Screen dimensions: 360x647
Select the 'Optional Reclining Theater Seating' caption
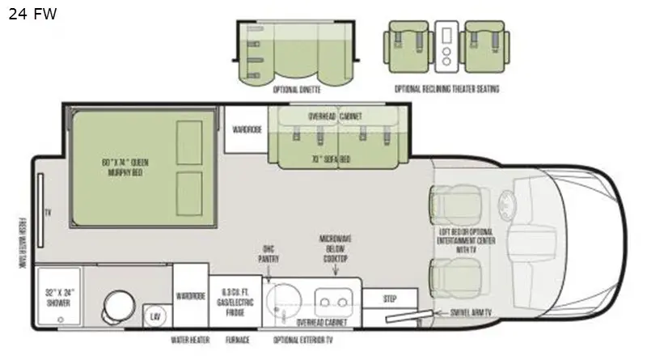coord(446,89)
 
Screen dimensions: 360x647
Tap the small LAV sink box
coord(153,316)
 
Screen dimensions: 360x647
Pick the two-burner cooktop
coord(332,304)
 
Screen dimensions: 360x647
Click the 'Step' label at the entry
coord(390,299)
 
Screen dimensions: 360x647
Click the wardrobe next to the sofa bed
coord(247,129)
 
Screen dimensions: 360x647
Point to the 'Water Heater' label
coord(190,340)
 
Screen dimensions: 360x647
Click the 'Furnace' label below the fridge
coord(238,340)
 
